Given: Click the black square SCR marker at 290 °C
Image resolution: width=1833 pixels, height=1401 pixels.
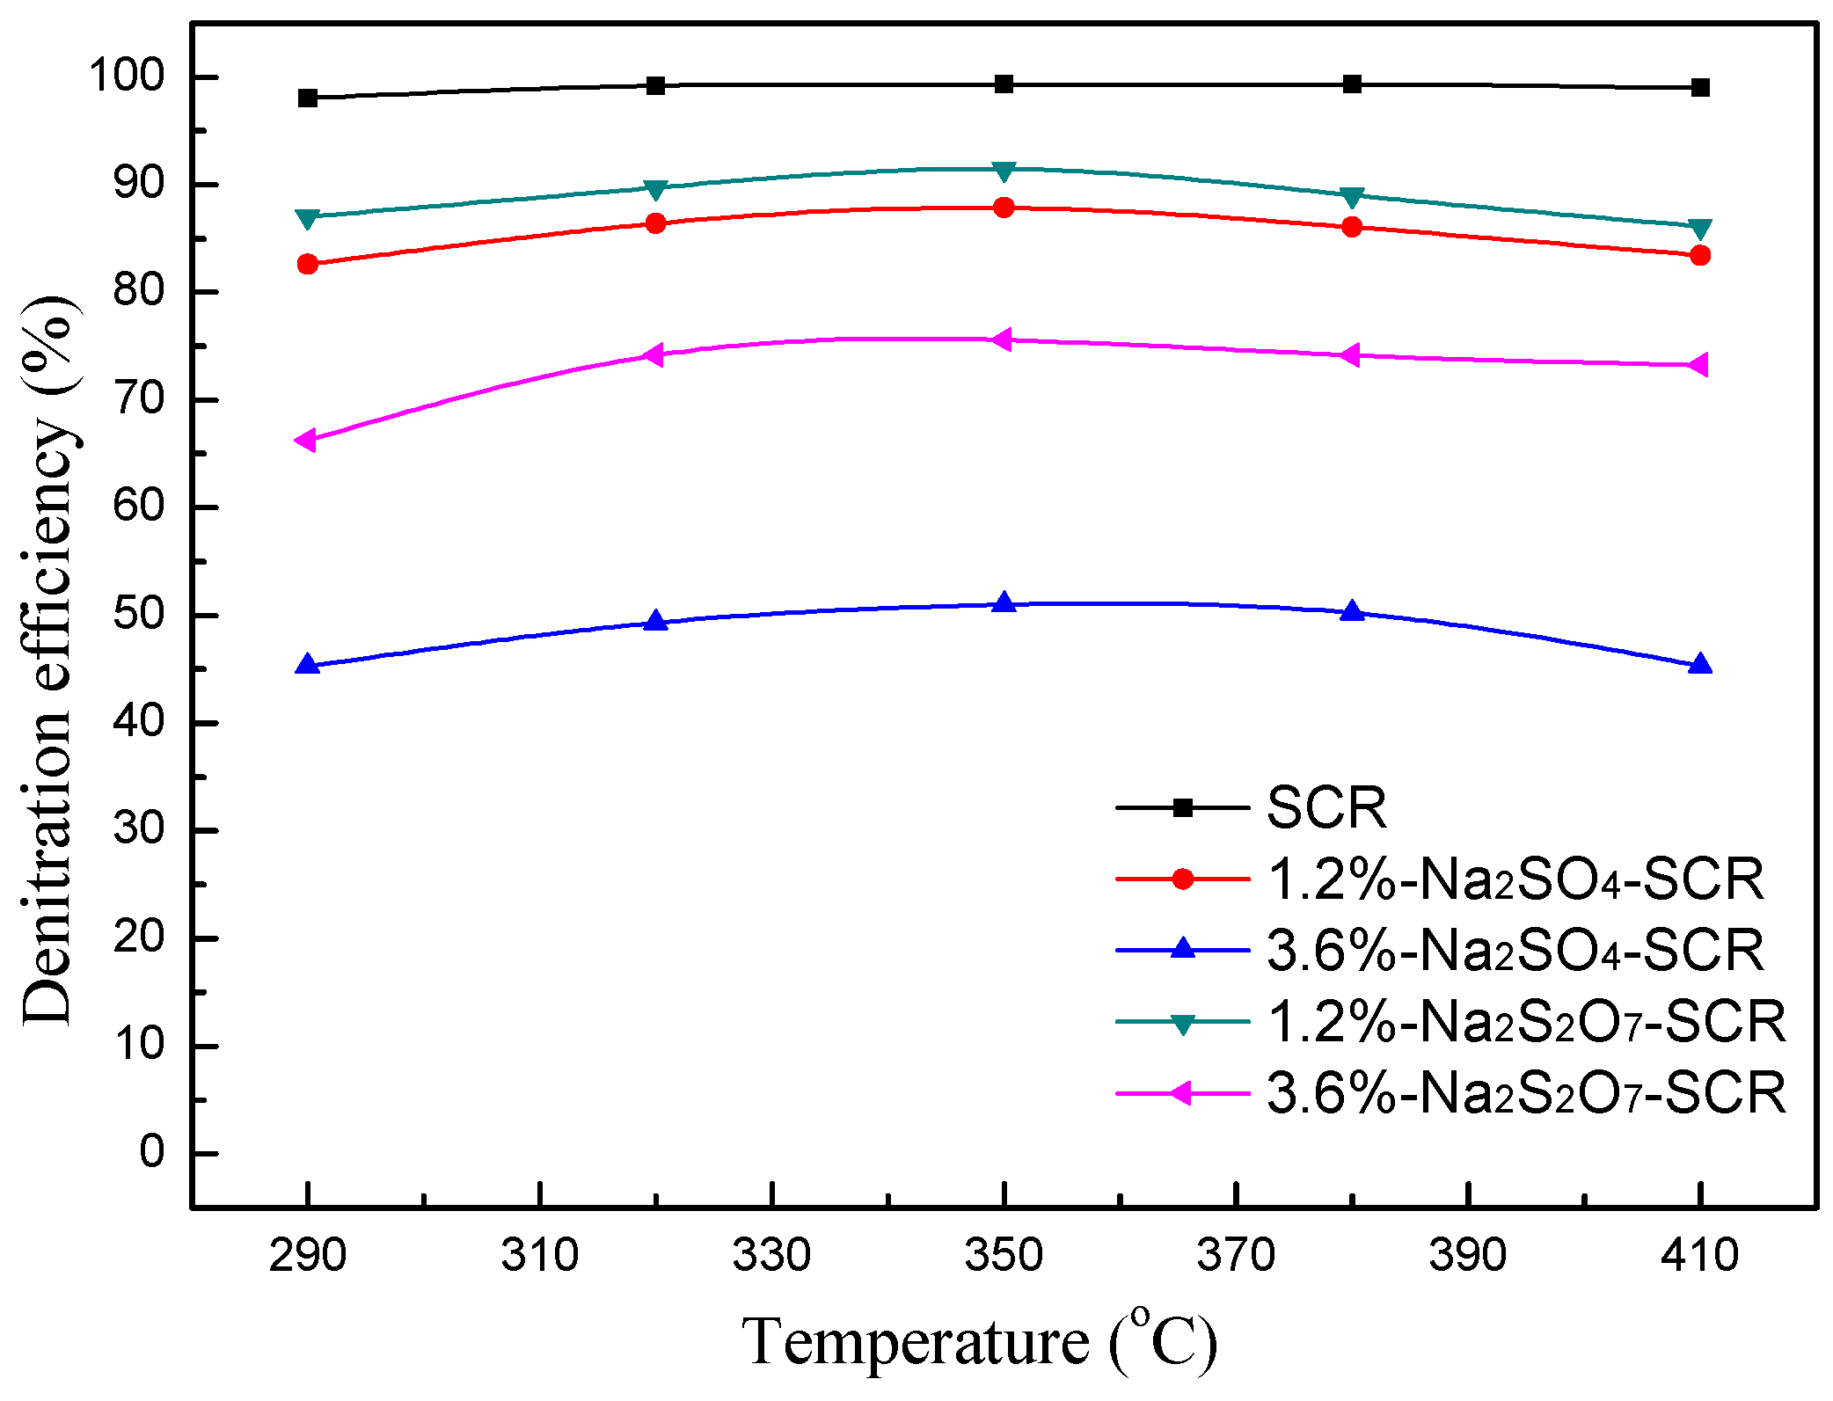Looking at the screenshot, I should point(307,98).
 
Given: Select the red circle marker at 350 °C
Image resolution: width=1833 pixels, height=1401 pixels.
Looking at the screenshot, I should point(1004,208).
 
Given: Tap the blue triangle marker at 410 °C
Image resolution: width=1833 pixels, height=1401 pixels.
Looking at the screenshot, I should point(1700,665).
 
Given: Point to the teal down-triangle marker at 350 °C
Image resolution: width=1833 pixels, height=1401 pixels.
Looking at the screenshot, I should point(1004,170).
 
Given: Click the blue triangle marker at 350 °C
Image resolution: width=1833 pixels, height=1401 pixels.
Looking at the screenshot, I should point(1004,603).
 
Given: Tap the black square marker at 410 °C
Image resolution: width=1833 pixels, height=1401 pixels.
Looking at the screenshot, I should point(1700,87).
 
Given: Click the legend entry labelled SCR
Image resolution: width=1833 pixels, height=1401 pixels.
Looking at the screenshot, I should point(1325,807).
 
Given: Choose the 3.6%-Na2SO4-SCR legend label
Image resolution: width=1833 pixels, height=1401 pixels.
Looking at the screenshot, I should point(1515,951).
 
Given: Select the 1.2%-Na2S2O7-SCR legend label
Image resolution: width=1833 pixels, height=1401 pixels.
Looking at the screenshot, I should point(1526,1022).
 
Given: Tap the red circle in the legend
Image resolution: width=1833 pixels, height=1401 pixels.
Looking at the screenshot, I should point(1183,879).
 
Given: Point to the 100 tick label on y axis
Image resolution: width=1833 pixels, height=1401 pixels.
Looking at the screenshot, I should point(127,77).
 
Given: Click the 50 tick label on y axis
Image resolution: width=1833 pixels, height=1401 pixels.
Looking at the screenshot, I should point(139,615).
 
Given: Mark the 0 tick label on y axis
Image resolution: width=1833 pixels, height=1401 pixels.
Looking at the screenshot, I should point(151,1152).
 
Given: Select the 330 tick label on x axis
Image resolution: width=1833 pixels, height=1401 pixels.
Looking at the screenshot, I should point(771,1255).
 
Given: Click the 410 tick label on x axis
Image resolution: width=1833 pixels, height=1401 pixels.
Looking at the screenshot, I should point(1699,1255).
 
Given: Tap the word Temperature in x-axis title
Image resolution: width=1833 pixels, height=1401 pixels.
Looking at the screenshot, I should point(916,1343).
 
